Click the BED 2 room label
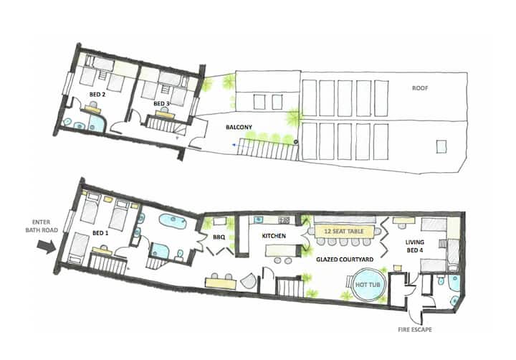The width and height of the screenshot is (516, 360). pyautogui.click(x=97, y=95)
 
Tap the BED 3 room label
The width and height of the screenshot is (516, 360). pyautogui.click(x=161, y=104)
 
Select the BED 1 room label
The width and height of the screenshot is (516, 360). pyautogui.click(x=100, y=233)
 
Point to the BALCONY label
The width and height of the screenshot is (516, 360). pyautogui.click(x=239, y=127)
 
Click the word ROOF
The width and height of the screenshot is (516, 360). pyautogui.click(x=420, y=88)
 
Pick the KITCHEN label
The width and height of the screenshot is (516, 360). pyautogui.click(x=274, y=236)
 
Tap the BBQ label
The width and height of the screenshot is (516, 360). pyautogui.click(x=219, y=237)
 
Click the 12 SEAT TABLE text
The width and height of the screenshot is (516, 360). pyautogui.click(x=344, y=231)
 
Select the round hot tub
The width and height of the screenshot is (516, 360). pyautogui.click(x=368, y=284)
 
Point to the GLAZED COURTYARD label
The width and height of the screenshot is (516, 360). pyautogui.click(x=345, y=260)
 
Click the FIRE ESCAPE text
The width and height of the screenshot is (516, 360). pyautogui.click(x=415, y=329)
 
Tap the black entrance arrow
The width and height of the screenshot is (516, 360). pyautogui.click(x=47, y=247)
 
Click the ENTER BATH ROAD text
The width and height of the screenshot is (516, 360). pyautogui.click(x=42, y=227)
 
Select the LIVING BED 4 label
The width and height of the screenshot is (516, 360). pyautogui.click(x=415, y=247)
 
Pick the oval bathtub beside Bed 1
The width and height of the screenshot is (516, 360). pyautogui.click(x=173, y=222)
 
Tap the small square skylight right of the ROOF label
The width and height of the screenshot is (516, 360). pyautogui.click(x=441, y=146)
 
